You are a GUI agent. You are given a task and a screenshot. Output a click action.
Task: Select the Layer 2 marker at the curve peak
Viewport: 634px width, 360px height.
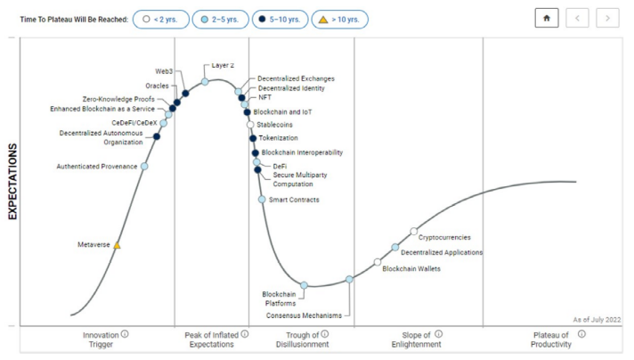(x=205, y=81)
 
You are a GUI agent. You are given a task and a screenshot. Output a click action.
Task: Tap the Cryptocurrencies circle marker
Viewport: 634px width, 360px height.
(x=413, y=232)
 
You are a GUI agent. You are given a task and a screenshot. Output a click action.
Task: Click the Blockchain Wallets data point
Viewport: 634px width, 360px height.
(x=378, y=262)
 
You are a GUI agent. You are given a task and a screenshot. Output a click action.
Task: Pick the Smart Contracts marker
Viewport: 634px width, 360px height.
(x=262, y=200)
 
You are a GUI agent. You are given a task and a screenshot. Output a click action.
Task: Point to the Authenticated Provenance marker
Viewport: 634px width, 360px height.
(x=144, y=166)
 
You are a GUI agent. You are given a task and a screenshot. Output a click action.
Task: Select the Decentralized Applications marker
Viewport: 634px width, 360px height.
(x=395, y=247)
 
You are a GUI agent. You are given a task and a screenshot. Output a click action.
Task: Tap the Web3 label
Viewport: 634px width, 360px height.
(x=164, y=70)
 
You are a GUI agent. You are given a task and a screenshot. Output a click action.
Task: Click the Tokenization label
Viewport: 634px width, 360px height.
(x=280, y=138)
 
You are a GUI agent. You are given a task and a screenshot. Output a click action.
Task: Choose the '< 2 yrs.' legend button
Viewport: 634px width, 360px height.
(x=161, y=19)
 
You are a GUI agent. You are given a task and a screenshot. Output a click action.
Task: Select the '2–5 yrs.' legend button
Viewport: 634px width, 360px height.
(x=221, y=19)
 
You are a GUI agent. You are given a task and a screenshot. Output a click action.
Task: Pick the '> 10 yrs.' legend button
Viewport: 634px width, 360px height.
(x=340, y=19)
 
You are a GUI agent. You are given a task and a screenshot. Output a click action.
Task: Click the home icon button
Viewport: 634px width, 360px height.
(x=547, y=19)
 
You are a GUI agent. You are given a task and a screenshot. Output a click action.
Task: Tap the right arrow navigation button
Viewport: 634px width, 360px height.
(x=607, y=19)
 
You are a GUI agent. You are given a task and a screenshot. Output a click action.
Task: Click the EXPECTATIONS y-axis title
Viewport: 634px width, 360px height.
(x=13, y=184)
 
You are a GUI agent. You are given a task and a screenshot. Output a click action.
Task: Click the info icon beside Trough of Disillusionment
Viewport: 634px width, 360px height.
(x=325, y=334)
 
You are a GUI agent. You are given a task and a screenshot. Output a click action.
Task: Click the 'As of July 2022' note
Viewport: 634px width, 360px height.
(x=596, y=319)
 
